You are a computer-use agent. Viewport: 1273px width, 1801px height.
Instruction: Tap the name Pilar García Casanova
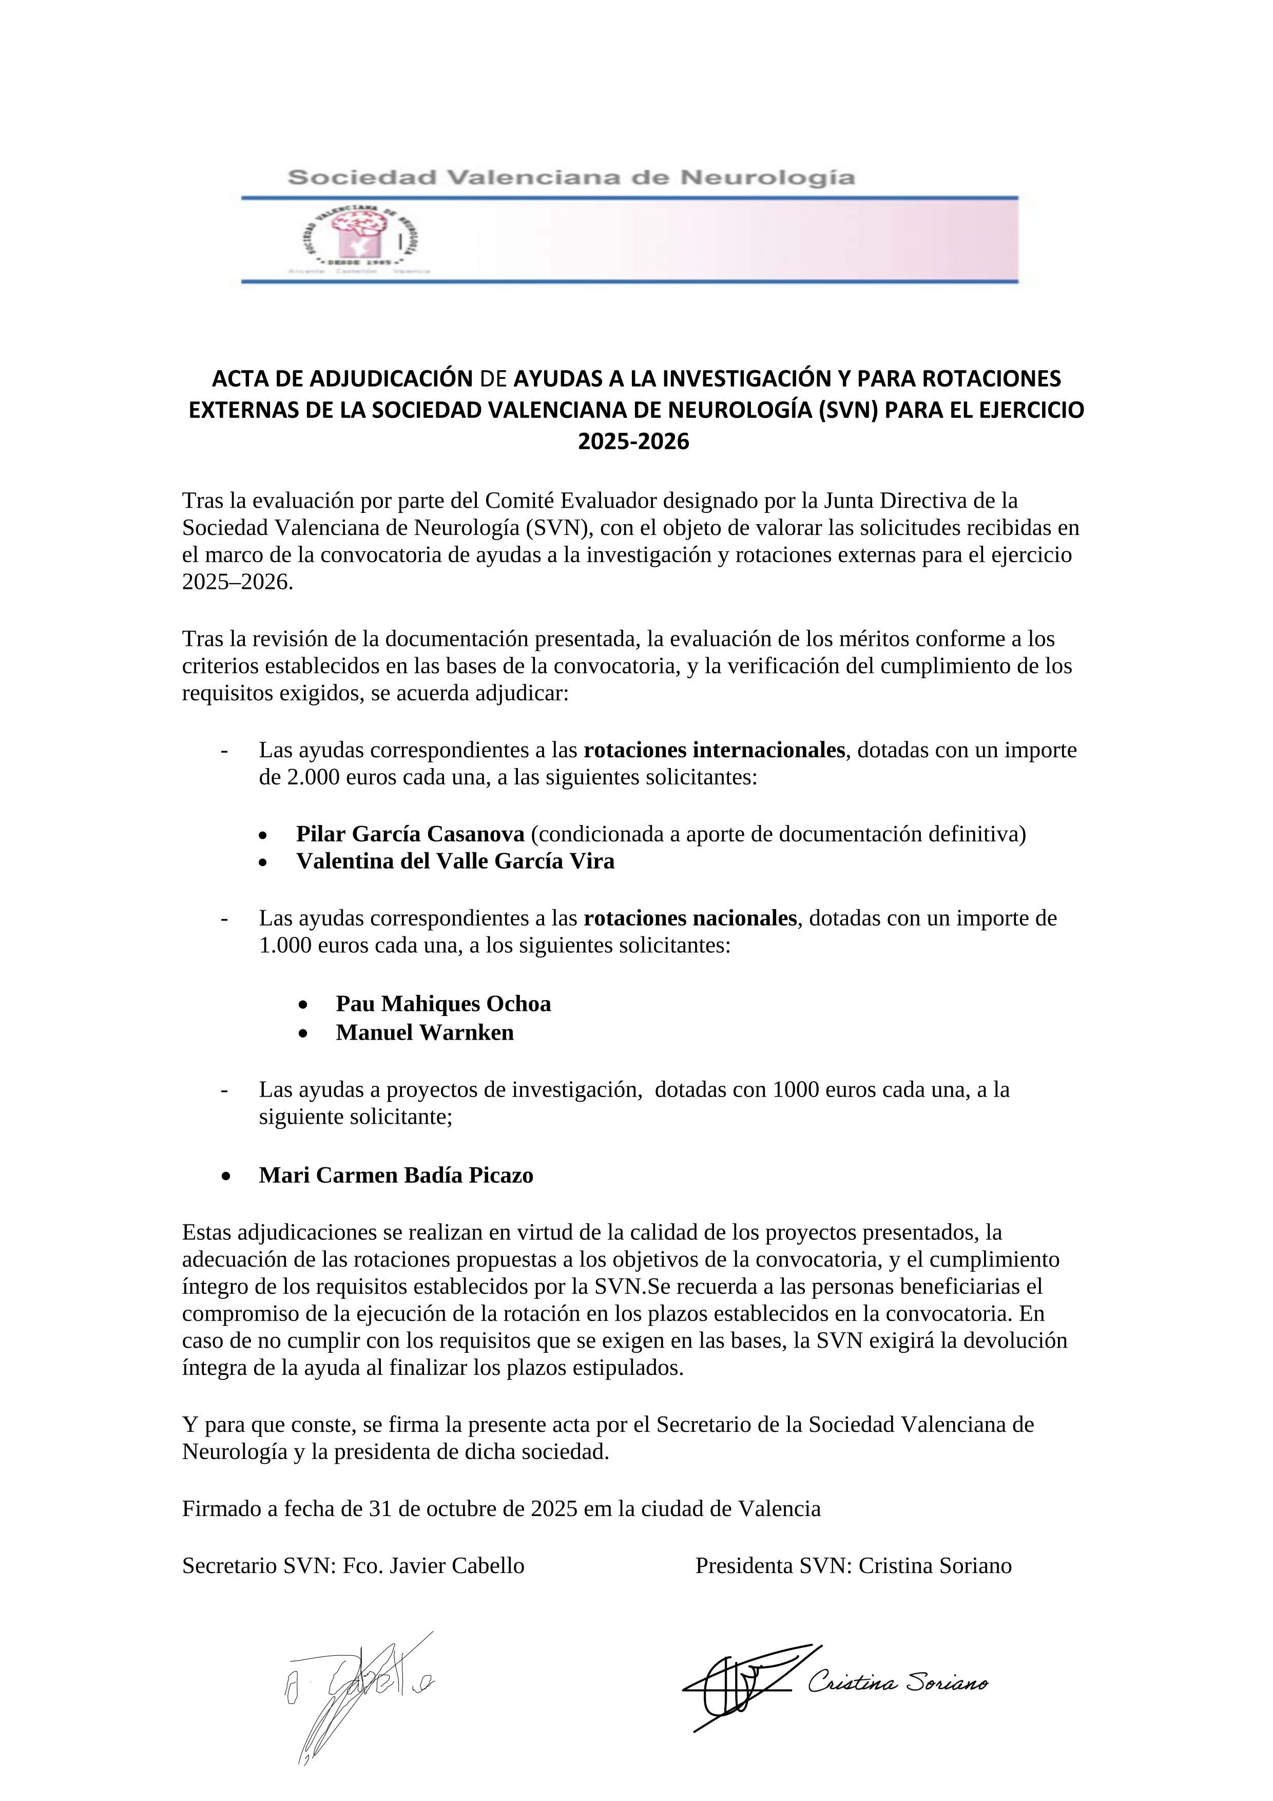point(410,833)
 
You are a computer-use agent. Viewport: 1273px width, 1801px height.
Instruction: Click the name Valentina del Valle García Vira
point(455,861)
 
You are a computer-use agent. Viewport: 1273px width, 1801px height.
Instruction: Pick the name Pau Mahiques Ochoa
point(443,1004)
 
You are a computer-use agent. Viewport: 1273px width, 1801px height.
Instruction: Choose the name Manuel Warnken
point(425,1032)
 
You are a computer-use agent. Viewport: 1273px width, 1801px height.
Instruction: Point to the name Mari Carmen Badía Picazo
point(396,1175)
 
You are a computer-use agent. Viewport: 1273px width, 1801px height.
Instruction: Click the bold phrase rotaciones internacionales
point(714,750)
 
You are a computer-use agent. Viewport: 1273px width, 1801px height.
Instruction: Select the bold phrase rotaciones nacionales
point(690,918)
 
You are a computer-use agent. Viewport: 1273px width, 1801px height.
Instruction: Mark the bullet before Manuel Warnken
point(303,1034)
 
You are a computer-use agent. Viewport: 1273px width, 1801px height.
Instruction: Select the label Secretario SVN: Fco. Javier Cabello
point(353,1566)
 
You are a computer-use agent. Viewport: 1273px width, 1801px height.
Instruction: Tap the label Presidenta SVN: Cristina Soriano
point(854,1566)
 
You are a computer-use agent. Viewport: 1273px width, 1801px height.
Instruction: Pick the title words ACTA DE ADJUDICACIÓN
point(342,379)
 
